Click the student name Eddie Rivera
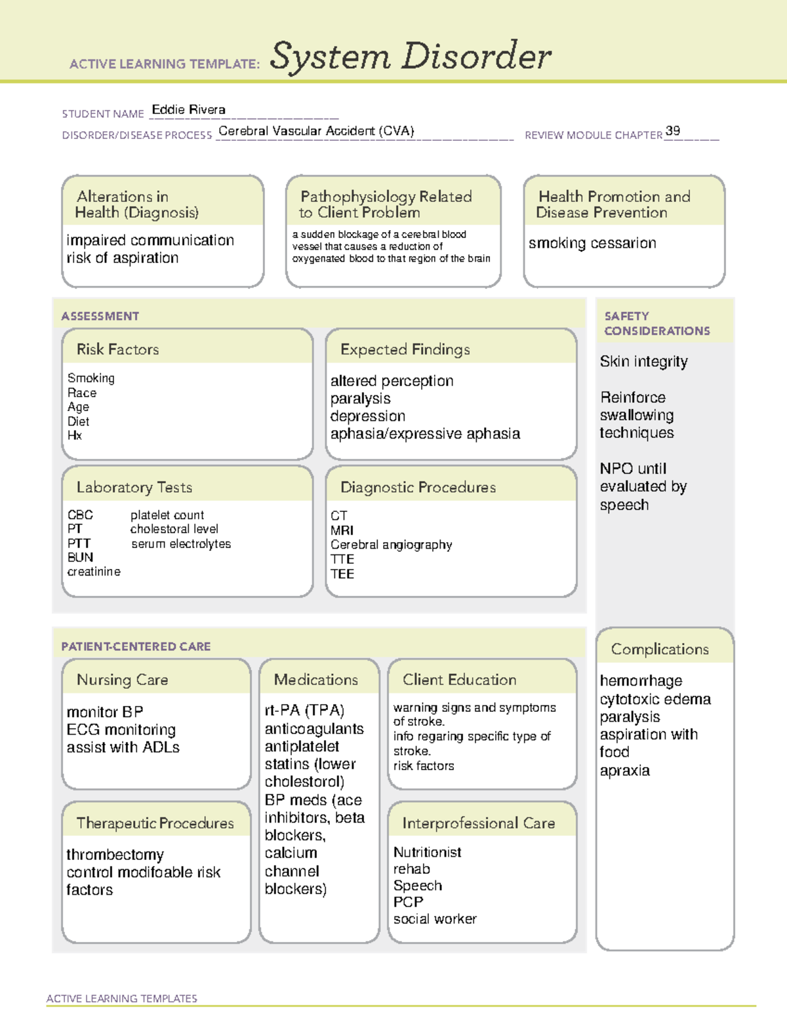click(x=188, y=110)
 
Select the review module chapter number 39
click(x=672, y=130)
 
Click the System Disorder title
click(x=411, y=56)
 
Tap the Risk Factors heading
click(x=117, y=349)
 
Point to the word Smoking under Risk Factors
click(x=91, y=378)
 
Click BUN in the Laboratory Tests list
click(x=80, y=557)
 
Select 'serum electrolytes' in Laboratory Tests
click(x=181, y=543)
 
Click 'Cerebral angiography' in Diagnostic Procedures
click(x=391, y=545)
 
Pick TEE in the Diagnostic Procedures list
click(x=342, y=574)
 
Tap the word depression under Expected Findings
click(x=367, y=416)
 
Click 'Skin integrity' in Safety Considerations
click(x=643, y=362)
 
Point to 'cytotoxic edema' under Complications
click(x=655, y=699)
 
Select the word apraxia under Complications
click(x=624, y=771)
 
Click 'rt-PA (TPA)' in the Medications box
click(x=304, y=711)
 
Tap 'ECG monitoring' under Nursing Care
click(x=121, y=730)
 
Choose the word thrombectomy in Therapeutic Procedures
click(x=115, y=855)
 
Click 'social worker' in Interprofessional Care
click(x=435, y=919)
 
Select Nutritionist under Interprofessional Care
click(x=427, y=852)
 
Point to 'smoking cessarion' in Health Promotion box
click(x=592, y=243)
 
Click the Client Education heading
click(x=459, y=680)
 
